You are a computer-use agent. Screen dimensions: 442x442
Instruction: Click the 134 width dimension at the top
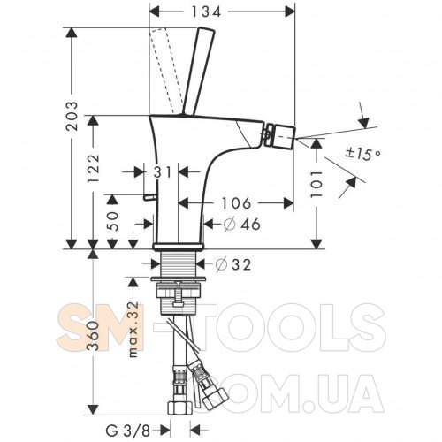[x=206, y=12]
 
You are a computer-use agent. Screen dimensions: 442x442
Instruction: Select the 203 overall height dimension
[x=72, y=116]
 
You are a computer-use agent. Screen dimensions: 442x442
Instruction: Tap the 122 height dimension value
[x=94, y=168]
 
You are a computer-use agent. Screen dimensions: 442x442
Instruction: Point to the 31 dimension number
[x=163, y=172]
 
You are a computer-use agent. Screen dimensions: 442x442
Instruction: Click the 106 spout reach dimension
[x=236, y=203]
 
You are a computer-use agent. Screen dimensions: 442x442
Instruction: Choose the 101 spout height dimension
[x=317, y=184]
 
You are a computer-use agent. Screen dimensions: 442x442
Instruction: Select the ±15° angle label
[x=363, y=153]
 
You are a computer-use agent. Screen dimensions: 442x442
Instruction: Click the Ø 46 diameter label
[x=242, y=225]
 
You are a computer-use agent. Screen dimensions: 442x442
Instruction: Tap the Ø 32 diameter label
[x=232, y=264]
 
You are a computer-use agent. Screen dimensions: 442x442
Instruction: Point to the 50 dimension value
[x=112, y=221]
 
